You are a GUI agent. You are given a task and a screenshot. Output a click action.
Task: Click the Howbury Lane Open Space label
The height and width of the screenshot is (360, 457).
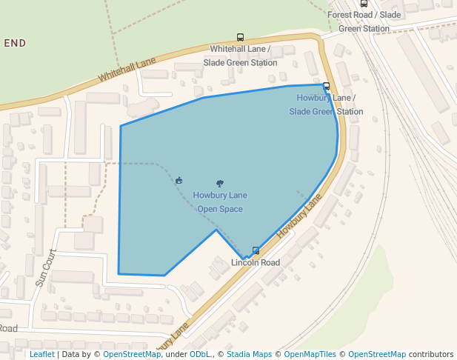click(x=220, y=202)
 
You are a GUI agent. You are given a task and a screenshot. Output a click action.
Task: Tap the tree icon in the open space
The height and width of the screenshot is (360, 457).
click(x=219, y=183)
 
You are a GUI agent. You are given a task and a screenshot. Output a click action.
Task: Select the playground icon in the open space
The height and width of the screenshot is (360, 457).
click(x=179, y=180)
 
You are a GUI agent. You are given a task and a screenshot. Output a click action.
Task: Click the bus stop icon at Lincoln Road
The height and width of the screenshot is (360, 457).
click(x=256, y=250)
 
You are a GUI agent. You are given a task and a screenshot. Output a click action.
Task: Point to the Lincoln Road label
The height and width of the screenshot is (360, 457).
click(x=256, y=263)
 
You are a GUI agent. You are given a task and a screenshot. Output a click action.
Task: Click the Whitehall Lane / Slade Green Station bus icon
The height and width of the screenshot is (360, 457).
click(x=240, y=37)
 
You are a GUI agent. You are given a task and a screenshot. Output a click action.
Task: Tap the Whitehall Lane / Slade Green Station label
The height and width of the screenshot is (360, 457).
click(x=240, y=56)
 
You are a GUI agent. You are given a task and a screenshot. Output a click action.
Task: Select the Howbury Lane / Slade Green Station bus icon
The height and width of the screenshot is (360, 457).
click(x=327, y=86)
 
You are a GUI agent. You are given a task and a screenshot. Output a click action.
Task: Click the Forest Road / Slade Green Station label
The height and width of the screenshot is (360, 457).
click(x=364, y=21)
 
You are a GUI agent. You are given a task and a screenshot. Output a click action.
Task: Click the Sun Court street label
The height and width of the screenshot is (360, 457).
click(x=45, y=267)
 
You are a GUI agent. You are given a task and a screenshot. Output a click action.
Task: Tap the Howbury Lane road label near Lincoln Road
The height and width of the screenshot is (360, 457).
click(x=299, y=216)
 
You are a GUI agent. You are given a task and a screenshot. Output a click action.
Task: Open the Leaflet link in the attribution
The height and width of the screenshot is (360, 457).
click(x=41, y=354)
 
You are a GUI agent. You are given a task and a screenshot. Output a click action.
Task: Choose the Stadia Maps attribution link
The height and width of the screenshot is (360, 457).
click(x=249, y=354)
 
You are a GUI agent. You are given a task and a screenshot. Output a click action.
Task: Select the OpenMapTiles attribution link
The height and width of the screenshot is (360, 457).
click(x=310, y=354)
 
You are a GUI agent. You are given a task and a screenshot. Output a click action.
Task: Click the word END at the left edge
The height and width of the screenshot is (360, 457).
click(x=15, y=44)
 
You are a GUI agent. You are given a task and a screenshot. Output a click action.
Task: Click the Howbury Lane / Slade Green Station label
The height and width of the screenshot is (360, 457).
click(x=326, y=104)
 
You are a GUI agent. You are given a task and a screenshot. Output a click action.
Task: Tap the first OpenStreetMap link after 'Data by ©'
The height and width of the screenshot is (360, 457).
click(x=132, y=354)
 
